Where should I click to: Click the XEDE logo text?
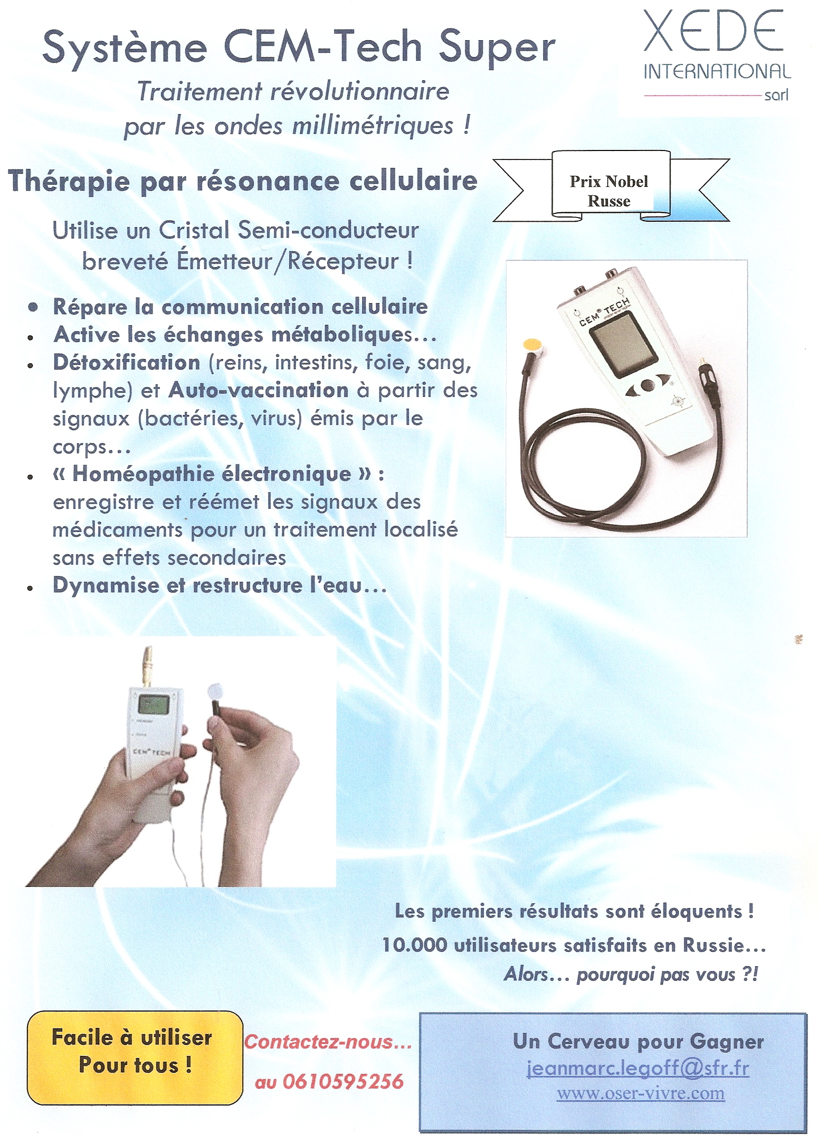point(713,31)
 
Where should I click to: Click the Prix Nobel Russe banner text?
point(608,191)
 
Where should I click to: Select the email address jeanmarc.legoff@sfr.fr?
point(638,1069)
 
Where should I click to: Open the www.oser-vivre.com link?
point(641,1093)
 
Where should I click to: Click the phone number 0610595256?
point(343,1082)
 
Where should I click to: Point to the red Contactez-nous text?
point(328,1042)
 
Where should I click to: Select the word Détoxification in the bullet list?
point(127,363)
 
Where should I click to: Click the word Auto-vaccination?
point(259,390)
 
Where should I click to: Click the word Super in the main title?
point(497,49)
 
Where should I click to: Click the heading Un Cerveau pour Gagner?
point(638,1042)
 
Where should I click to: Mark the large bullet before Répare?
point(34,307)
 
